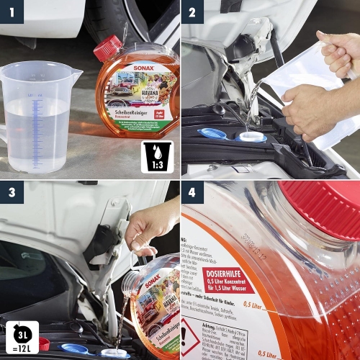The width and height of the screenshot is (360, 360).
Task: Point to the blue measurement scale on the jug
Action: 37,122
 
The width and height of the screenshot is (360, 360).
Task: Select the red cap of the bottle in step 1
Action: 108,48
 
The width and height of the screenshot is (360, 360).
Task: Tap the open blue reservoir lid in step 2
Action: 212,133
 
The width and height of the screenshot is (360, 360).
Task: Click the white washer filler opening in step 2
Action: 251,136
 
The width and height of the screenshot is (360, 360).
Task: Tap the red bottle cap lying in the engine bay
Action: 43,343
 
